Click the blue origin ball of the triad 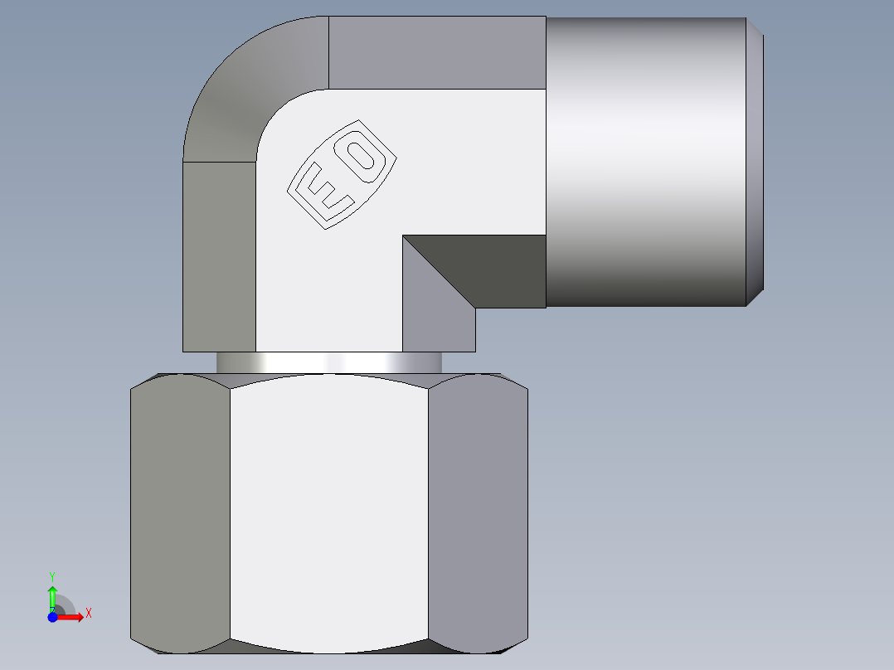click(x=52, y=617)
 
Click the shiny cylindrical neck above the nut click(x=328, y=362)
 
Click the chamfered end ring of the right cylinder click(x=755, y=162)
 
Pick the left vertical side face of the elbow click(x=219, y=257)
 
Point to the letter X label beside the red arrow click(x=88, y=614)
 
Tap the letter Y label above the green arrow click(x=51, y=575)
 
